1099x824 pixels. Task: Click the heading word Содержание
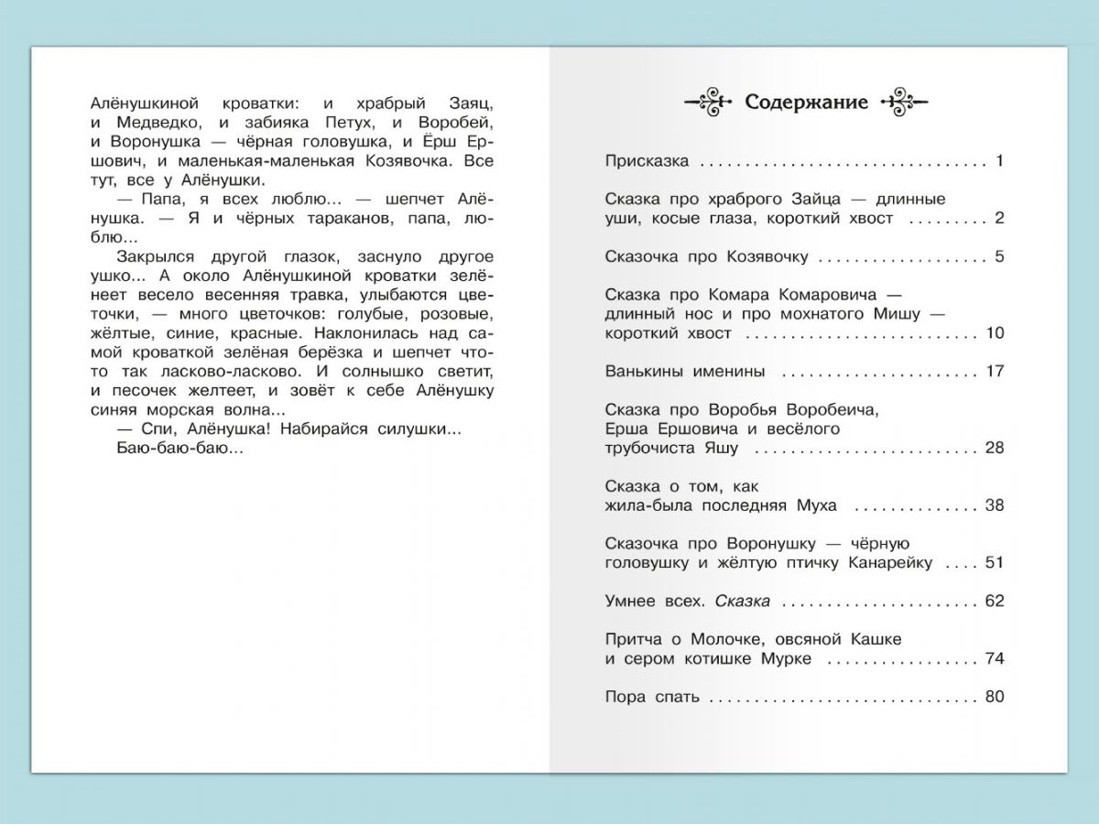point(806,102)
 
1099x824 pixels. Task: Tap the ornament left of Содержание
point(709,101)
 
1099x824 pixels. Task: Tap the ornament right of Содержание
point(904,101)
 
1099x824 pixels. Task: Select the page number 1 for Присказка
point(1000,161)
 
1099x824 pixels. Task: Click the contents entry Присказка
point(647,161)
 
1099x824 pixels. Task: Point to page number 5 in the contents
point(999,256)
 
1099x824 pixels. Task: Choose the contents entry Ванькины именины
point(684,372)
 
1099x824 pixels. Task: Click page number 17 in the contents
point(995,372)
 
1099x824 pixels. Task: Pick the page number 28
point(995,449)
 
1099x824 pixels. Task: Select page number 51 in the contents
point(995,563)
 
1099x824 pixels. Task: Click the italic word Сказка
point(742,602)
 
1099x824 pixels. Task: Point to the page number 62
point(995,602)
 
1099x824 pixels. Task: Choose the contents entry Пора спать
point(652,698)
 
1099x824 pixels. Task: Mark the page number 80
point(995,698)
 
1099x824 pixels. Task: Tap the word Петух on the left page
point(345,123)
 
